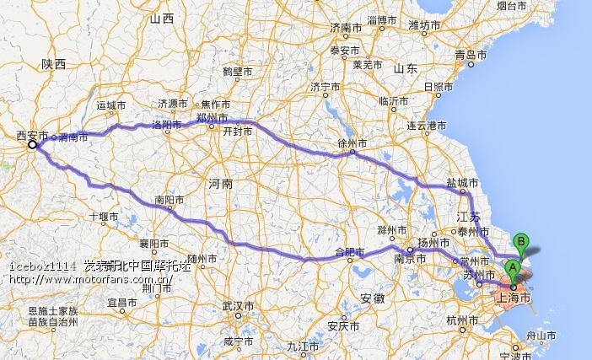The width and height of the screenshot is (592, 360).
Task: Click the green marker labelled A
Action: point(512,271)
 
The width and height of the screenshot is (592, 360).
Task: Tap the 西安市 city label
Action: point(33,135)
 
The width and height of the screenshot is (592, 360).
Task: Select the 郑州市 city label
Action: point(210,117)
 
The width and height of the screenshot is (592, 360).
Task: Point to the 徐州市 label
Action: point(352,144)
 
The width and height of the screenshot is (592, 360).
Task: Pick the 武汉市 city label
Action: point(237,305)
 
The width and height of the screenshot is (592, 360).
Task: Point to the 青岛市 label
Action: point(471,55)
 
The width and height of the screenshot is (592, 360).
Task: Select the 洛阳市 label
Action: point(165,125)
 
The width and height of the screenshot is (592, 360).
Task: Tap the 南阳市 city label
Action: point(169,201)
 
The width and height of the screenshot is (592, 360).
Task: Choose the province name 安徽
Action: point(372,298)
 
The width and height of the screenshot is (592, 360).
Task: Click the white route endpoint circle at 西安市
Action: point(33,145)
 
